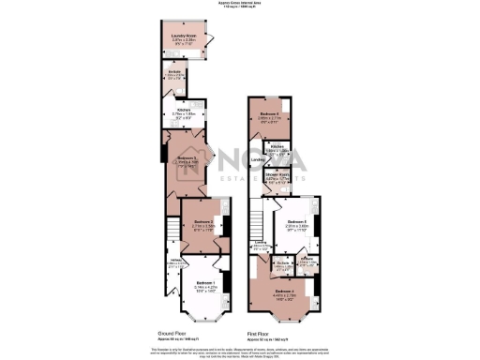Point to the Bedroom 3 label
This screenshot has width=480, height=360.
(188, 158)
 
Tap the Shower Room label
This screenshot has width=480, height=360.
(277, 175)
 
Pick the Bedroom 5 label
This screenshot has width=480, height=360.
(297, 222)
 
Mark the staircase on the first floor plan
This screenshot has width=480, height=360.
(256, 222)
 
